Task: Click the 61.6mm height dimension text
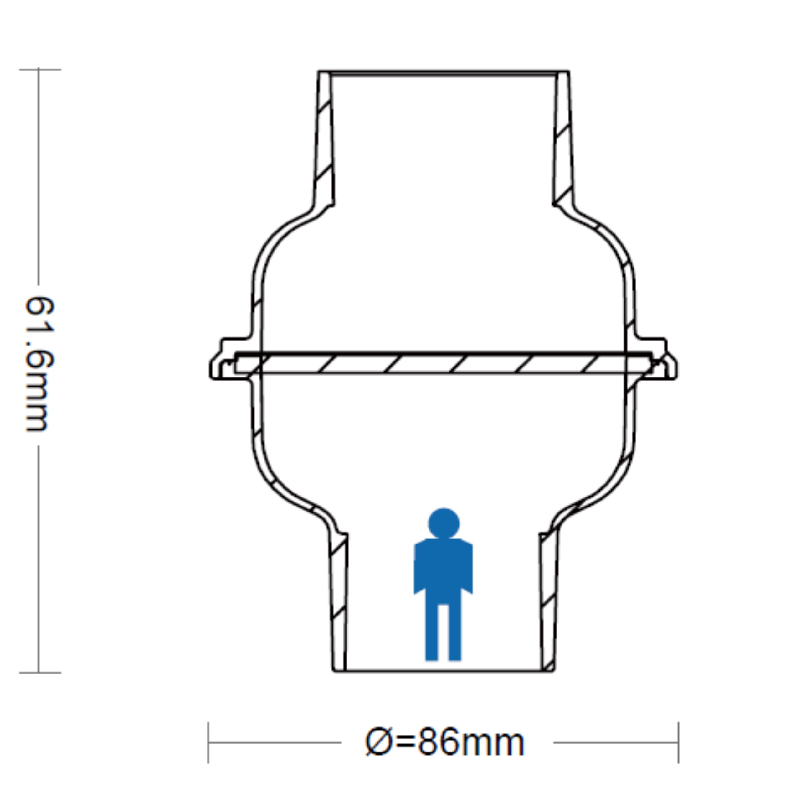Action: pyautogui.click(x=39, y=364)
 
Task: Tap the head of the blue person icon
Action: pyautogui.click(x=444, y=523)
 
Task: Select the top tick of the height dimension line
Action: pyautogui.click(x=39, y=70)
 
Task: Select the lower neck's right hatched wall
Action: pyautogui.click(x=548, y=602)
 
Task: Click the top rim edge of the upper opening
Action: pyautogui.click(x=443, y=72)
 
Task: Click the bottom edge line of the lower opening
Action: pyautogui.click(x=443, y=670)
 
